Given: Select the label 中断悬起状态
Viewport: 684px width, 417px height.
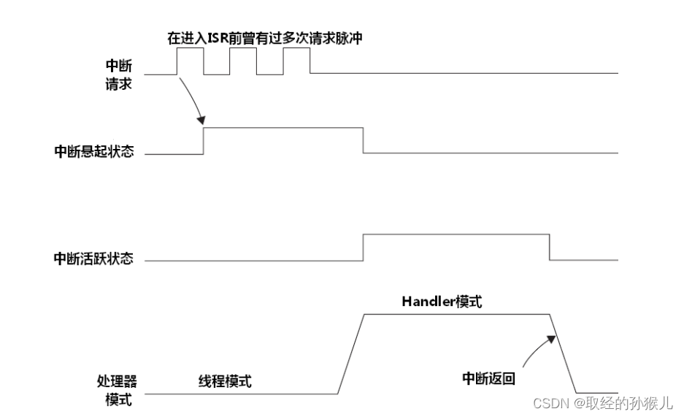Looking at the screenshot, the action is point(94,153).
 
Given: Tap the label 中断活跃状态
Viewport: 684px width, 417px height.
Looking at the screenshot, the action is point(94,259).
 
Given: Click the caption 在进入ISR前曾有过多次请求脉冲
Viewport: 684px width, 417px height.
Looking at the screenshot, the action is point(265,39).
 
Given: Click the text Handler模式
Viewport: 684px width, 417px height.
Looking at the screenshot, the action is point(442,302).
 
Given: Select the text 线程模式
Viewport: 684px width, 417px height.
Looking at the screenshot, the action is point(225,381).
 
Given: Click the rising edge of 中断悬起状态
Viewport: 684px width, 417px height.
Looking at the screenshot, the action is point(204,140).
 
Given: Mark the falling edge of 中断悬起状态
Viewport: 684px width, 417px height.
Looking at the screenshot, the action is point(364,140).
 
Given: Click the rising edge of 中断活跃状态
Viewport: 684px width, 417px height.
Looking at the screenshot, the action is point(364,247).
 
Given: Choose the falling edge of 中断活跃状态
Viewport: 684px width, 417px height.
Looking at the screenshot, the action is point(550,247).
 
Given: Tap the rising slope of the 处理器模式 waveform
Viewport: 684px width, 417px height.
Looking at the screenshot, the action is point(351,353).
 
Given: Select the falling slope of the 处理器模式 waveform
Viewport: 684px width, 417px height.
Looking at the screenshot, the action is point(563,353).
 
